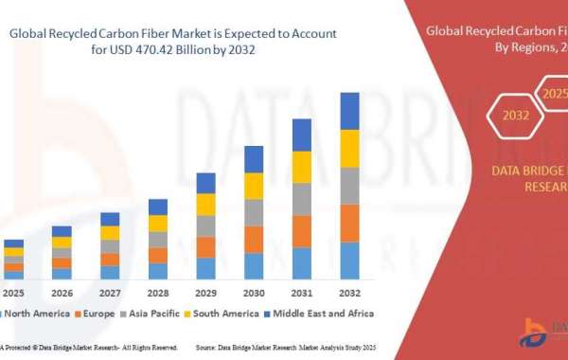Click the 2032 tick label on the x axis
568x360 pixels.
(349, 292)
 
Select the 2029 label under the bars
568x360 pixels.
(205, 292)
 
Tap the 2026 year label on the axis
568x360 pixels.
(62, 292)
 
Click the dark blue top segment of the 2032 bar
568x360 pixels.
(349, 111)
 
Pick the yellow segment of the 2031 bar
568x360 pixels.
(302, 167)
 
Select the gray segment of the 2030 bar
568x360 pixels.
(254, 212)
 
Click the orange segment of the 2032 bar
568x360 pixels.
(349, 223)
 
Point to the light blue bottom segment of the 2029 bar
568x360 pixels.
(205, 268)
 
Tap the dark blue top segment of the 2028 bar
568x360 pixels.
(158, 207)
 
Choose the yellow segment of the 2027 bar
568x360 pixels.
(110, 232)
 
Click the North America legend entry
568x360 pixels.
(33, 314)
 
